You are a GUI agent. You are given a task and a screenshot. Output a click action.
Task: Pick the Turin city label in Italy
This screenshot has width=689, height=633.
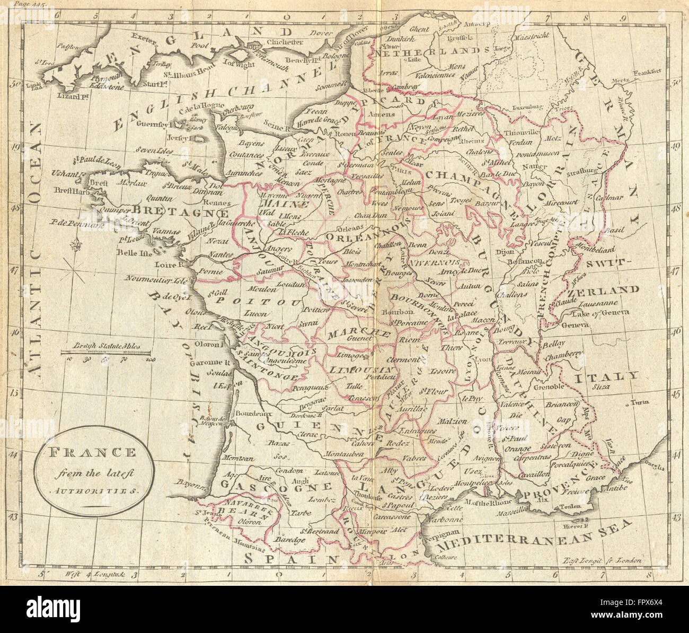[639, 402]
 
